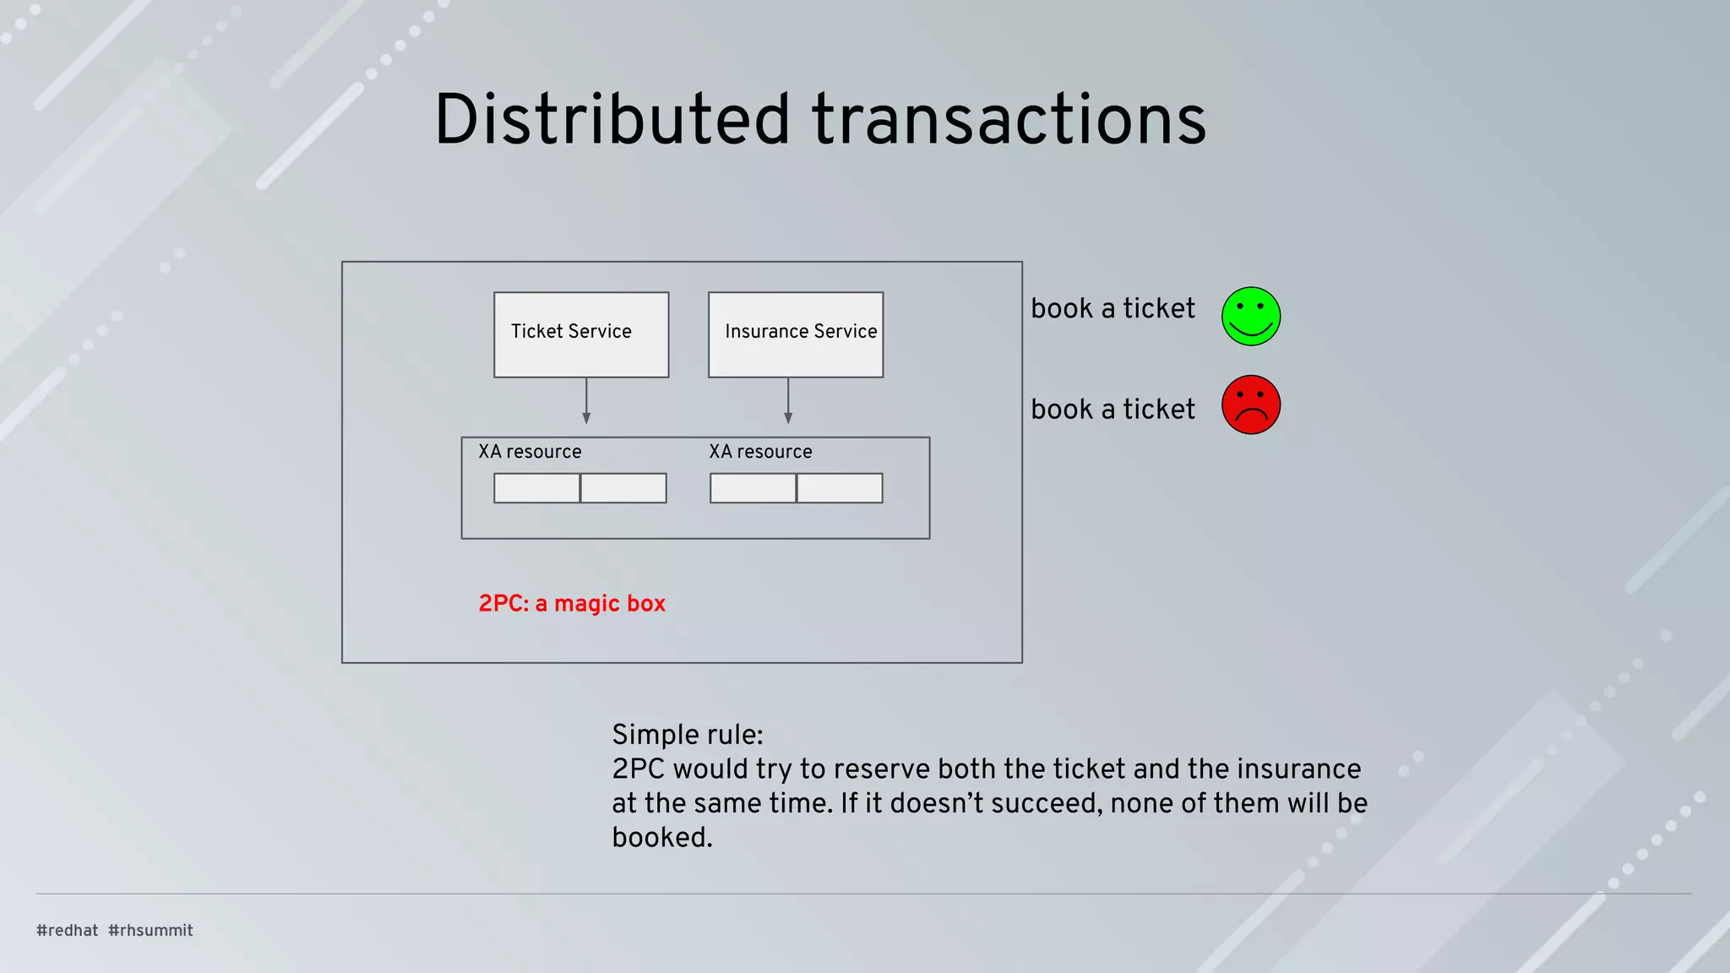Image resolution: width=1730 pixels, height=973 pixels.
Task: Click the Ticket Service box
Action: pyautogui.click(x=581, y=334)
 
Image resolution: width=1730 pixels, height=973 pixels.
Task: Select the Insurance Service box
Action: pyautogui.click(x=796, y=334)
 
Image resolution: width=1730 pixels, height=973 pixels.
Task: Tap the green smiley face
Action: pyautogui.click(x=1251, y=316)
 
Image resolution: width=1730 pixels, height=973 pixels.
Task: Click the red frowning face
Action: pyautogui.click(x=1251, y=405)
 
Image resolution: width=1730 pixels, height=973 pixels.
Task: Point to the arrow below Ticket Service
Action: pyautogui.click(x=586, y=401)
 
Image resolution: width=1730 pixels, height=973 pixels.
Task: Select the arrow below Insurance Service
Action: pyautogui.click(x=788, y=401)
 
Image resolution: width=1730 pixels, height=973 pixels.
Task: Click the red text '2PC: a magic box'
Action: pyautogui.click(x=572, y=603)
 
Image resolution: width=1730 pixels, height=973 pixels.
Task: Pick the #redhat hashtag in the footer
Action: pyautogui.click(x=68, y=930)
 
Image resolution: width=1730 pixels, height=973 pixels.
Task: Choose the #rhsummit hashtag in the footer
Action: pyautogui.click(x=150, y=930)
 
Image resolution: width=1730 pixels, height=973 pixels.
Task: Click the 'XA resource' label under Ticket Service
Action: pyautogui.click(x=530, y=452)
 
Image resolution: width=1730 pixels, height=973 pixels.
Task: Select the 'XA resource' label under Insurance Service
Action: pyautogui.click(x=760, y=452)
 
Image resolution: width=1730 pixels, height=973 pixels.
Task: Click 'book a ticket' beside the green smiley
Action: pyautogui.click(x=1113, y=308)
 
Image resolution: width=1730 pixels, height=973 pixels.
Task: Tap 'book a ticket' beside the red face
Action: pyautogui.click(x=1113, y=409)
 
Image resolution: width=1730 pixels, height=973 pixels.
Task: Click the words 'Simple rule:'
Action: pyautogui.click(x=687, y=735)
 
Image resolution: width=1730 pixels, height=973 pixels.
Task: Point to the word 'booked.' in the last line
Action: pyautogui.click(x=662, y=837)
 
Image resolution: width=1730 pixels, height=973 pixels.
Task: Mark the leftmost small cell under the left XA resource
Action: pyautogui.click(x=536, y=488)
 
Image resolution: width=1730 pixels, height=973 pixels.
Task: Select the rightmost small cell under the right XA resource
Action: pyautogui.click(x=840, y=488)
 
